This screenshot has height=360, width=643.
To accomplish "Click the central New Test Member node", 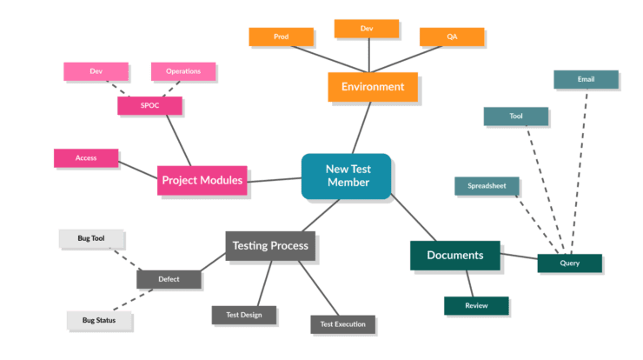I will point(347,176).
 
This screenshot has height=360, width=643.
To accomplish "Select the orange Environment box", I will point(372,87).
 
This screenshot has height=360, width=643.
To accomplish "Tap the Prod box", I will point(281,37).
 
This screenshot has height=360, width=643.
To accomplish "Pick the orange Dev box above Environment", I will point(366,29).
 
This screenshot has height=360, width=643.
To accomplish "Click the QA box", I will point(451,37).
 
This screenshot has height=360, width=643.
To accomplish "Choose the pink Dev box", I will point(96,70).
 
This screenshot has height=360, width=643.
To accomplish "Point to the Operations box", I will point(182,70).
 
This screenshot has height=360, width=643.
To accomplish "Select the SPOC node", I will point(149,106).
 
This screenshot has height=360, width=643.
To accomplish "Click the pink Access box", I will point(85,158).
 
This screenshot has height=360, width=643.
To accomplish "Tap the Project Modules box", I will point(202,180).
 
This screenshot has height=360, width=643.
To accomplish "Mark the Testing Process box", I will point(270,246).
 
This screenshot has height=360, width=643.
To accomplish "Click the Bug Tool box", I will point(91,237).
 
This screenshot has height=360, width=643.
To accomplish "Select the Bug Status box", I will point(99,320).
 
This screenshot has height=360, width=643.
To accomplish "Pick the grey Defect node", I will point(169,279).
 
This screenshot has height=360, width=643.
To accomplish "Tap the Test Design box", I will point(244,315).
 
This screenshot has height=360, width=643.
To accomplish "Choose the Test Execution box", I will point(342,324).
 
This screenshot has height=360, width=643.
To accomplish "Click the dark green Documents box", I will point(454,256).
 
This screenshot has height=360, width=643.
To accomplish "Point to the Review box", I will point(475,306).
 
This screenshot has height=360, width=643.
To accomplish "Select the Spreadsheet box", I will point(487,186).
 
